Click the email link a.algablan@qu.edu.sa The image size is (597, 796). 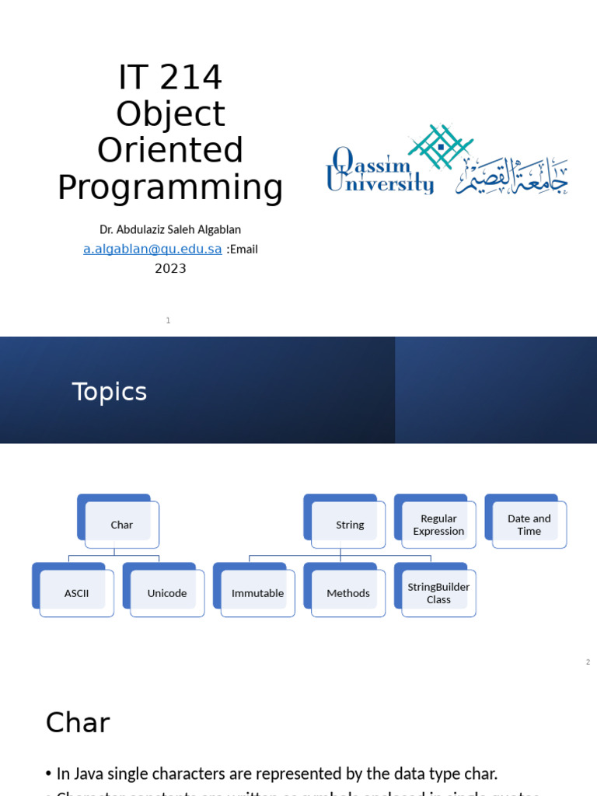coord(152,250)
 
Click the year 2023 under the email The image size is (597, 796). coord(170,269)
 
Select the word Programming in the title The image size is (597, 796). coord(170,188)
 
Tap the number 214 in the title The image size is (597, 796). coord(194,78)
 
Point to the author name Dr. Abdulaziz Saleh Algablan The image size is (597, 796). coord(170,230)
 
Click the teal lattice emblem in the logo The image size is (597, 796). coord(441,146)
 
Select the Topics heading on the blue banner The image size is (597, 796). coord(110,392)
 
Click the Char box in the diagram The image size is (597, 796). coord(121,525)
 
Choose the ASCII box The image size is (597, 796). coord(76,593)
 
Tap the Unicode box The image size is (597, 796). coord(167,593)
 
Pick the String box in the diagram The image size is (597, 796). coord(349,525)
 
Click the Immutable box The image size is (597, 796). coord(257,593)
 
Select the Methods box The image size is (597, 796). coord(348,593)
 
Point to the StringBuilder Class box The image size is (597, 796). coord(438,593)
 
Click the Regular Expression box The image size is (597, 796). coord(438,525)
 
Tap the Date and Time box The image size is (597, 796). coord(529,525)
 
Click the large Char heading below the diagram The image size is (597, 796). coord(78,723)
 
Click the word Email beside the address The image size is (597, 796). coord(243,250)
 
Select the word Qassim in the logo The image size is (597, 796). coord(372,163)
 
